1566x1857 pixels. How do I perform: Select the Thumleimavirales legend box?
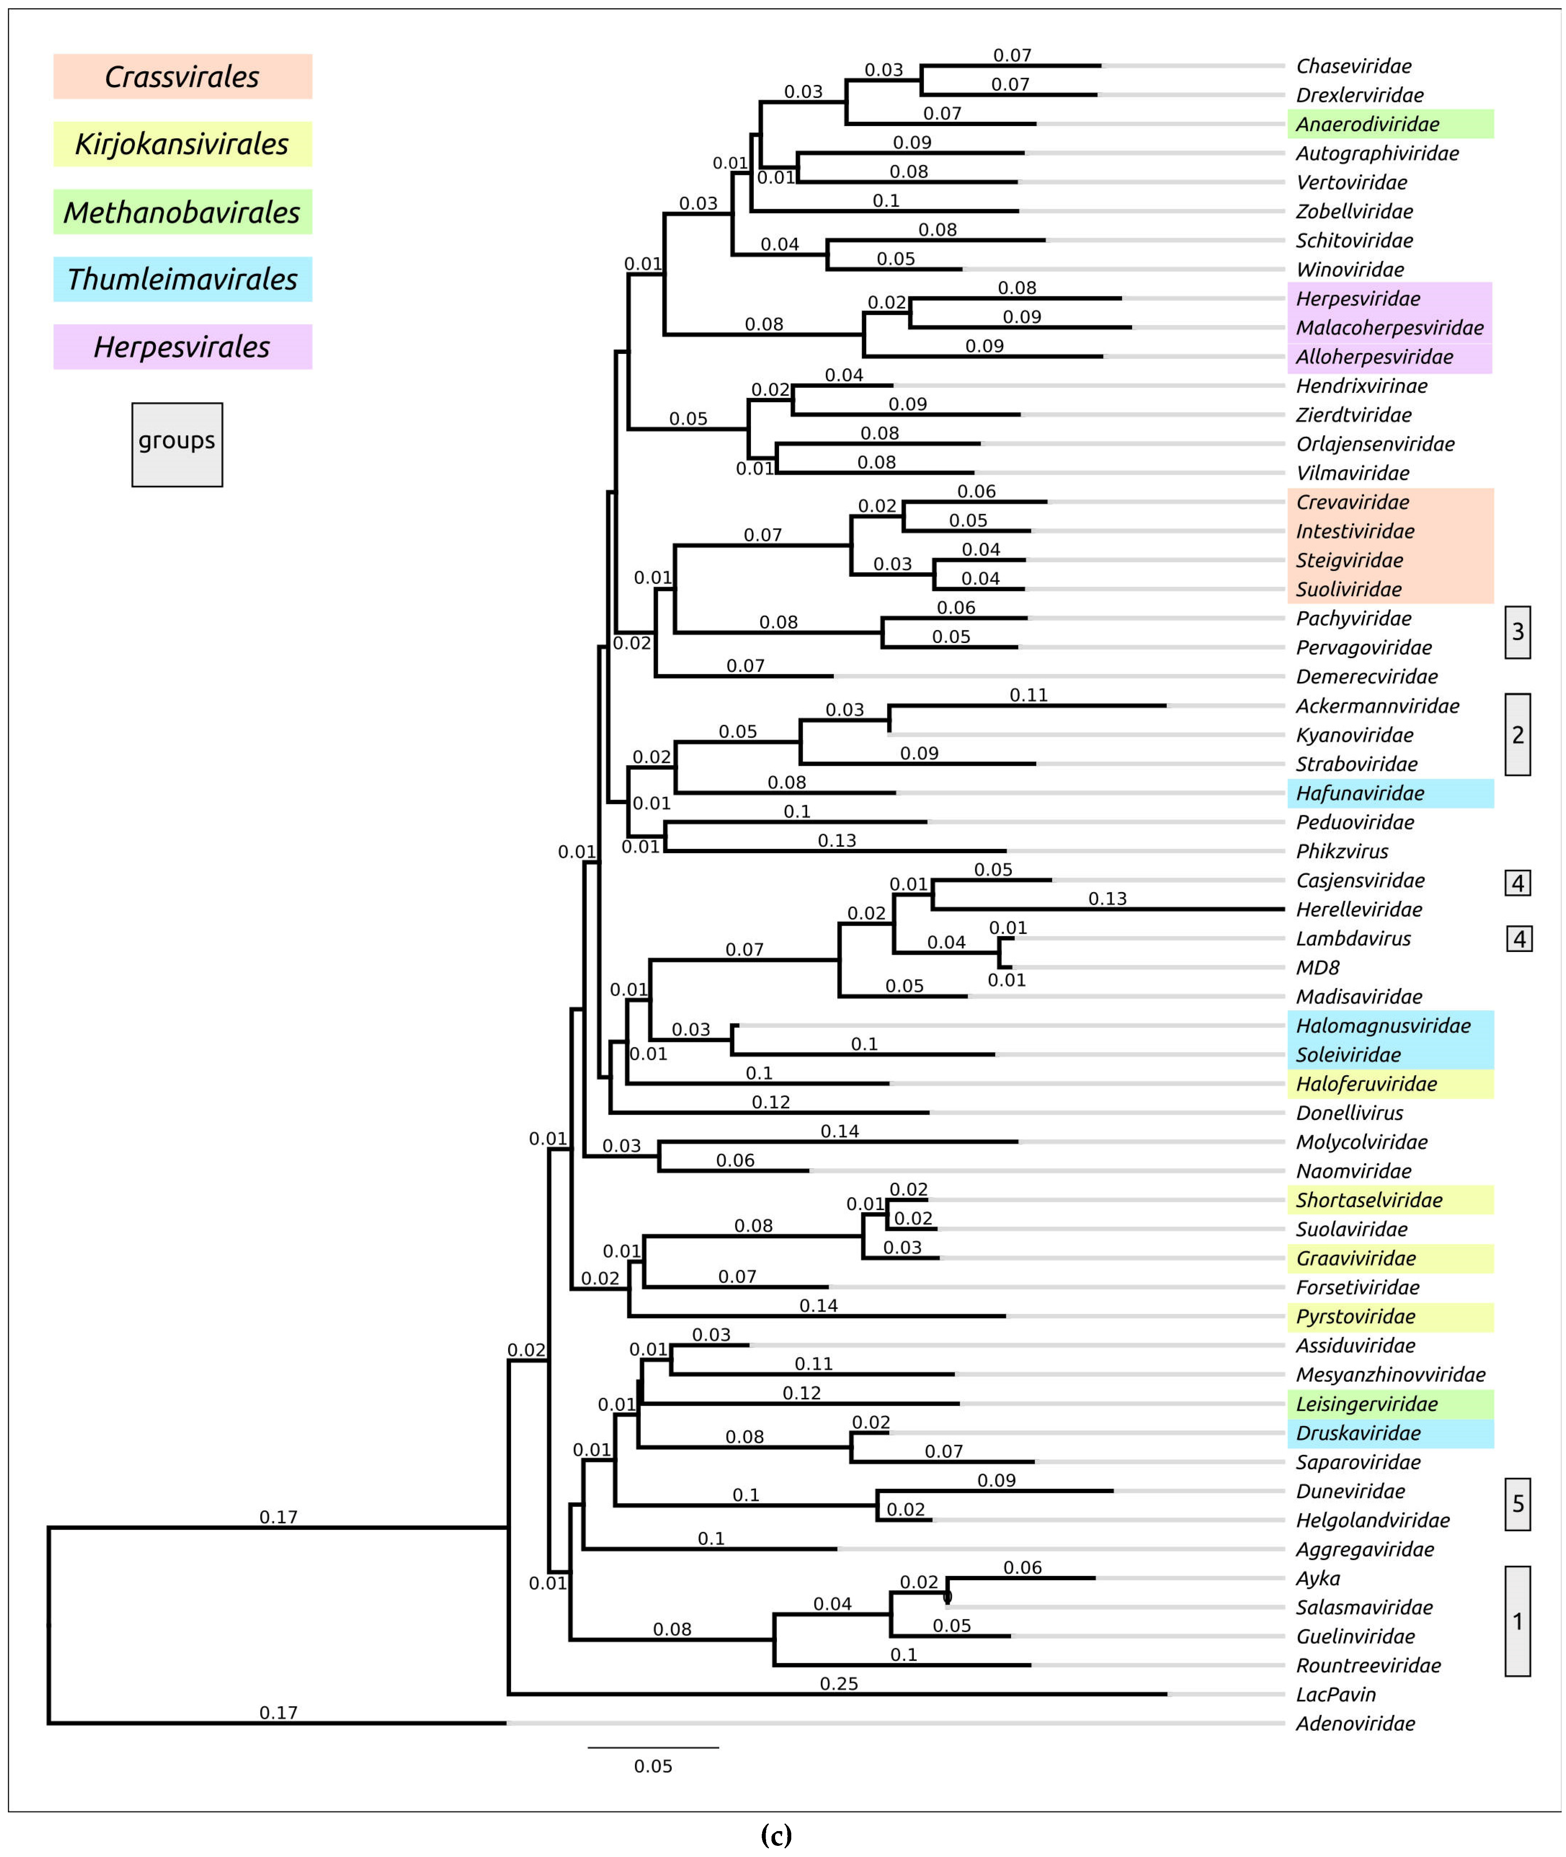182,279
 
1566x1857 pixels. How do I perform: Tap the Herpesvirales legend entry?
182,346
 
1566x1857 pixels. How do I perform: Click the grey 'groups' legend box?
177,444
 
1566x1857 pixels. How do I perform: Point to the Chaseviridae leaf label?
1353,66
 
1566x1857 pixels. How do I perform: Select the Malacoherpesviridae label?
1389,328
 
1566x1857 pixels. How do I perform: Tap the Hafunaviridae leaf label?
1360,793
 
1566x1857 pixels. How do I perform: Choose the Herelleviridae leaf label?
1358,909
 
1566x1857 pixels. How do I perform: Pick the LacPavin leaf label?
1335,1695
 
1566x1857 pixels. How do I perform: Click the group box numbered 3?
1517,632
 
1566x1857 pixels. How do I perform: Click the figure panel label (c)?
776,1835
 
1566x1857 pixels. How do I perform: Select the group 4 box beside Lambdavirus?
1519,939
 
